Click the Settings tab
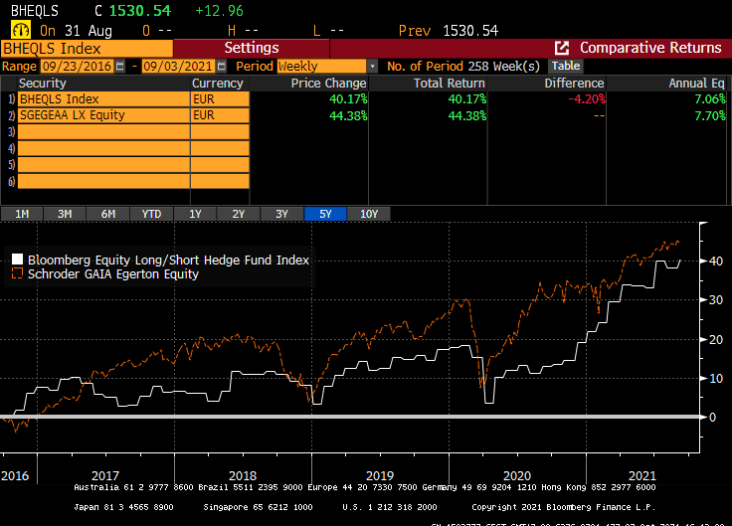pyautogui.click(x=251, y=48)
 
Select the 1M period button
pyautogui.click(x=22, y=214)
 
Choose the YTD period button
pyautogui.click(x=151, y=214)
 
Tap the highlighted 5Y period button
pyautogui.click(x=324, y=214)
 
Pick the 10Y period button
pyautogui.click(x=368, y=214)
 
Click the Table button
pyautogui.click(x=566, y=66)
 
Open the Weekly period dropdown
pyautogui.click(x=327, y=66)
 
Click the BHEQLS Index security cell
pyautogui.click(x=103, y=99)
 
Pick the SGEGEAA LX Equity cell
pyautogui.click(x=103, y=115)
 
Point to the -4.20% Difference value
pyautogui.click(x=582, y=99)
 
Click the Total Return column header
pyautogui.click(x=450, y=84)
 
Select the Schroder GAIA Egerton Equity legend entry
pyautogui.click(x=112, y=273)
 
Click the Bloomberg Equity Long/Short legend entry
pyautogui.click(x=168, y=260)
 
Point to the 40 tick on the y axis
pyautogui.click(x=714, y=262)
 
